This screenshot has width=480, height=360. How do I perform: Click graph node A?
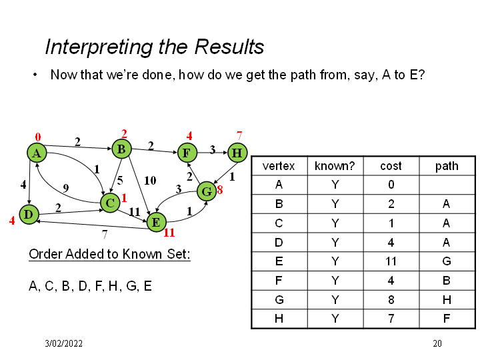tap(37, 153)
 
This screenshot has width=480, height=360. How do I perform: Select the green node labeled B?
tap(121, 149)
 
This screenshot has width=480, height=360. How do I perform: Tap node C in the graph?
tap(110, 202)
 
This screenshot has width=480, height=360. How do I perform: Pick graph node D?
tap(28, 214)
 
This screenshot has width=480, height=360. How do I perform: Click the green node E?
tap(155, 221)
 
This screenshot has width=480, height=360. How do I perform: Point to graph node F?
tap(187, 153)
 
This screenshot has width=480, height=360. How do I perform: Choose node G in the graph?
tap(207, 192)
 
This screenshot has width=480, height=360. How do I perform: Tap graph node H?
tap(237, 153)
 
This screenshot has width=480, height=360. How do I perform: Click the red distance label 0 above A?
tap(38, 137)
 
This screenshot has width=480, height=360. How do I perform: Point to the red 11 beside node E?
tap(169, 233)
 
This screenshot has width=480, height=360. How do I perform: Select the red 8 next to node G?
tap(219, 191)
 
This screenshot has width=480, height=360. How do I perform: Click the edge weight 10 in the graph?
tap(150, 180)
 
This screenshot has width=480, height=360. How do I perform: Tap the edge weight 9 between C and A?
tap(65, 187)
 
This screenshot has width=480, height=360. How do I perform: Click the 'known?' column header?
tap(334, 165)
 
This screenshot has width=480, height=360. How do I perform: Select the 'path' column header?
tap(446, 165)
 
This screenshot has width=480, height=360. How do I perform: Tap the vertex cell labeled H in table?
tap(279, 319)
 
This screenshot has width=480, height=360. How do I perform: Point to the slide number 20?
tap(437, 344)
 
